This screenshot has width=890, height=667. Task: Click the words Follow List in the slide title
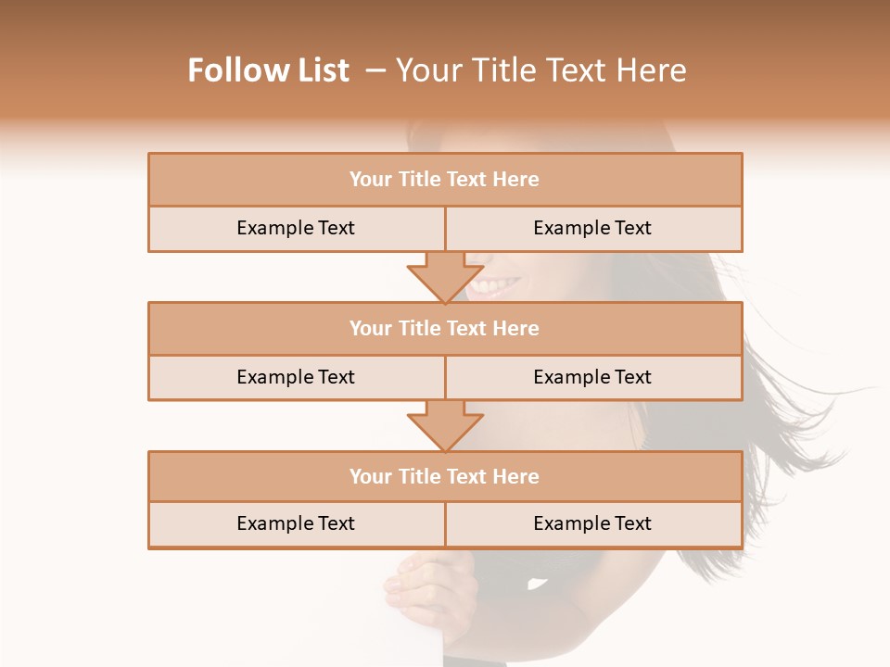tap(269, 70)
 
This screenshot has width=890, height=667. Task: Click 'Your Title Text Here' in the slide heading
tap(540, 70)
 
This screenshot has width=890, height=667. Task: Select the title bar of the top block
tap(445, 180)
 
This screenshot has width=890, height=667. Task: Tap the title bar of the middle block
tap(445, 328)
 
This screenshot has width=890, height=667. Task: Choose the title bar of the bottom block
tap(445, 476)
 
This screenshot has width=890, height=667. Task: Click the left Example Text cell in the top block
tap(296, 228)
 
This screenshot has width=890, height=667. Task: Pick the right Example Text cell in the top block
tap(592, 228)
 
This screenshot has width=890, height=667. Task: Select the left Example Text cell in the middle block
tap(296, 377)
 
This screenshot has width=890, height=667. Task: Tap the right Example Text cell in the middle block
tap(592, 377)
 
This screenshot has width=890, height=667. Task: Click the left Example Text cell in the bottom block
tap(296, 523)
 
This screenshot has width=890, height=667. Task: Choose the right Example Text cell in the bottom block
tap(592, 523)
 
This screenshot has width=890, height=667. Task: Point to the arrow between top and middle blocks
tap(445, 277)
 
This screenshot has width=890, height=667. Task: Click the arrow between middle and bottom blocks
tap(445, 426)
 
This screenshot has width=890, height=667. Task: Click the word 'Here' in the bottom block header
tap(516, 476)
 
